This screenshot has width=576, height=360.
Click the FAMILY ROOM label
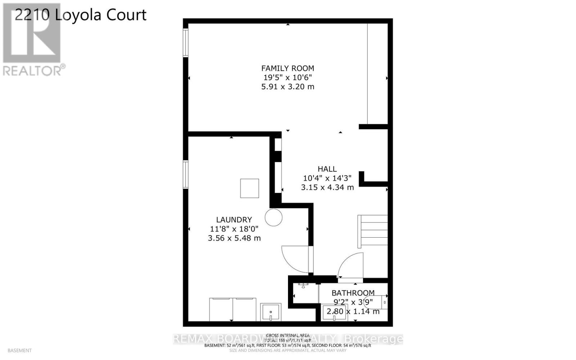(x=287, y=68)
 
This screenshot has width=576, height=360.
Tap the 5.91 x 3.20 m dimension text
(x=287, y=87)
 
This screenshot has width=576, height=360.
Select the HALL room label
(x=327, y=169)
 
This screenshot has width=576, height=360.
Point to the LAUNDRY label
(x=234, y=220)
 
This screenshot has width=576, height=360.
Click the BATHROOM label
(x=353, y=293)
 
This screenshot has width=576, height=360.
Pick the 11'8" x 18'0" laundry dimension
(x=234, y=229)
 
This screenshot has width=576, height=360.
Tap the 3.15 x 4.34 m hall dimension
(x=327, y=187)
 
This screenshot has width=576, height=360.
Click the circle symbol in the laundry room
(x=274, y=217)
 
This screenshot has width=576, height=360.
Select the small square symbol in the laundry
(x=249, y=188)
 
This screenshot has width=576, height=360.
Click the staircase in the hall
(x=373, y=231)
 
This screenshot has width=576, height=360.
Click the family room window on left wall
(x=186, y=43)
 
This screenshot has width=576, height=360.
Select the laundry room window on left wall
(x=186, y=175)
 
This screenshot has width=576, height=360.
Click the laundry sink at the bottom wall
(x=270, y=312)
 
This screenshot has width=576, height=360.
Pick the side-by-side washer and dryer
(x=233, y=309)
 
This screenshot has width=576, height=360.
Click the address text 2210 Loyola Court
(x=81, y=15)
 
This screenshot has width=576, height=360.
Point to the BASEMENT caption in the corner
(x=19, y=350)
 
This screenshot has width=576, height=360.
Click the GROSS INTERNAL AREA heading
(x=288, y=336)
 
